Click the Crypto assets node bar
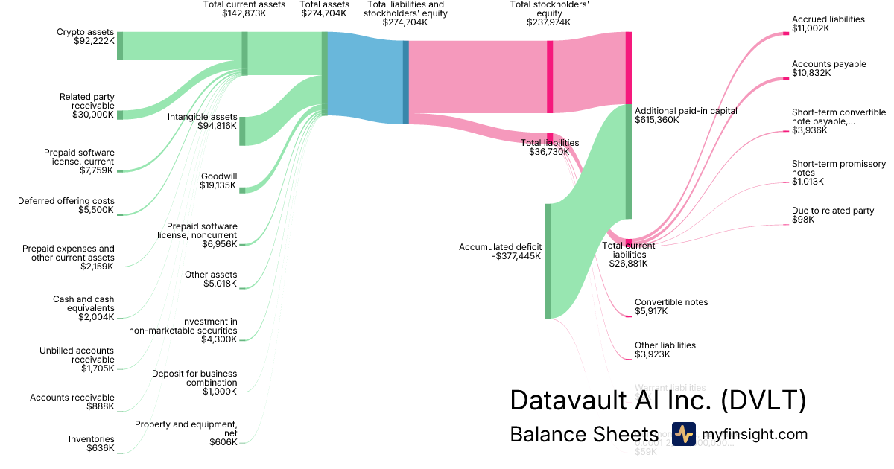coord(120,45)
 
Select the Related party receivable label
coord(86,106)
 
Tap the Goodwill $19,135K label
coord(218,181)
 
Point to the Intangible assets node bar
coord(242,130)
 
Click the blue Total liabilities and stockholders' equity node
coord(406,82)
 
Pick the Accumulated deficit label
coord(500,252)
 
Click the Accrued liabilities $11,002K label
coord(828,24)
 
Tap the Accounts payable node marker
coord(785,77)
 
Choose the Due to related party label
coord(832,215)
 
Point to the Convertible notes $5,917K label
coord(670,307)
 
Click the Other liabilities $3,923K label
coord(665,350)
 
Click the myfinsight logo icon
coord(683,434)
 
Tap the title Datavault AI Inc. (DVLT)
coord(658,401)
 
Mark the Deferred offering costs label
coord(66,205)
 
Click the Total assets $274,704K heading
coord(324,9)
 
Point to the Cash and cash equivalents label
coord(83,308)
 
